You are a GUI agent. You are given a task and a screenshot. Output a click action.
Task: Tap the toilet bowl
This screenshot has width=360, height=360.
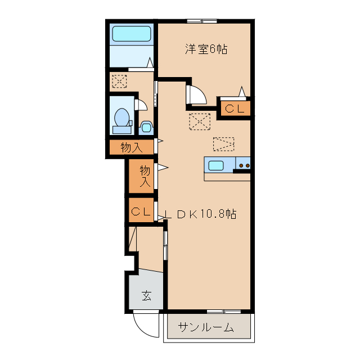point(122,118)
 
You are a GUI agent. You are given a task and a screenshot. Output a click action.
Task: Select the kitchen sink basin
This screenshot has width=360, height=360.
point(217,165)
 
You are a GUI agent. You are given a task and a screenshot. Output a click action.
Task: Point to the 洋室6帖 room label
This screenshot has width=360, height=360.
point(206,49)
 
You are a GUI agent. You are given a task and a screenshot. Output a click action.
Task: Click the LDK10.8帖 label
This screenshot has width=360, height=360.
point(200,214)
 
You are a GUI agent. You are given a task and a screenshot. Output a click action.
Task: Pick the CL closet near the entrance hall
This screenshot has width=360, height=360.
point(141,211)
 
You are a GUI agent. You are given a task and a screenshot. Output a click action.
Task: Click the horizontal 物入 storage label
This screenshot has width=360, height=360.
point(130,148)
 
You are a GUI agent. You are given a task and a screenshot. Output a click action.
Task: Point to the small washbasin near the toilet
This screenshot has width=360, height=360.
point(146,127)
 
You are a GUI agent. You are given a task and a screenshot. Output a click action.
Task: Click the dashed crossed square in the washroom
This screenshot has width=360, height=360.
point(119,81)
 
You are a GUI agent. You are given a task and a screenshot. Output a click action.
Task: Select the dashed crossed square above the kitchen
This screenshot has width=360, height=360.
point(199,121)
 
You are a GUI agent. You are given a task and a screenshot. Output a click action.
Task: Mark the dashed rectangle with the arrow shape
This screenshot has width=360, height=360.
point(223,143)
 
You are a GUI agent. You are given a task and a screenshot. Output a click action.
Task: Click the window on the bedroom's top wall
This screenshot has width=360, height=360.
point(202,21)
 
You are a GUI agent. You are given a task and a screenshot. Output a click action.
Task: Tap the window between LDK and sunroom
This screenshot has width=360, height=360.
point(223,311)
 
